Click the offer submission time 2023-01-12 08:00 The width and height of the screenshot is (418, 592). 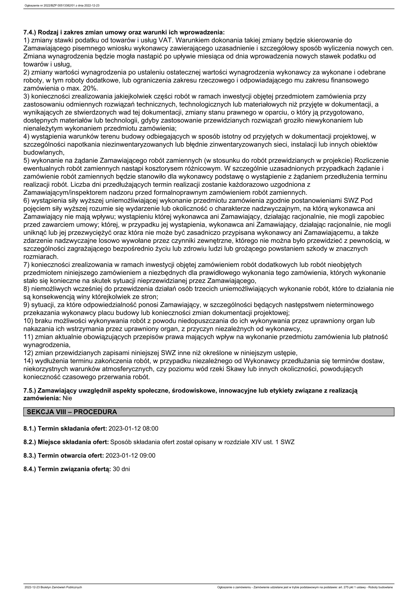pos(133,429)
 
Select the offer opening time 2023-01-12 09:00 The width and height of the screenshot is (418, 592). pos(130,455)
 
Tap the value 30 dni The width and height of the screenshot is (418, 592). pos(122,469)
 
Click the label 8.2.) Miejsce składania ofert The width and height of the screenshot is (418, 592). pos(66,442)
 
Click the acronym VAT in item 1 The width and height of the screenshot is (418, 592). pos(165,40)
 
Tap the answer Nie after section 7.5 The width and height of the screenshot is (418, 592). pos(67,398)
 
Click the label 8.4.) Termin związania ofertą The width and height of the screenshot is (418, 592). pos(67,469)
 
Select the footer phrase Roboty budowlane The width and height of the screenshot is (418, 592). pos(383,587)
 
